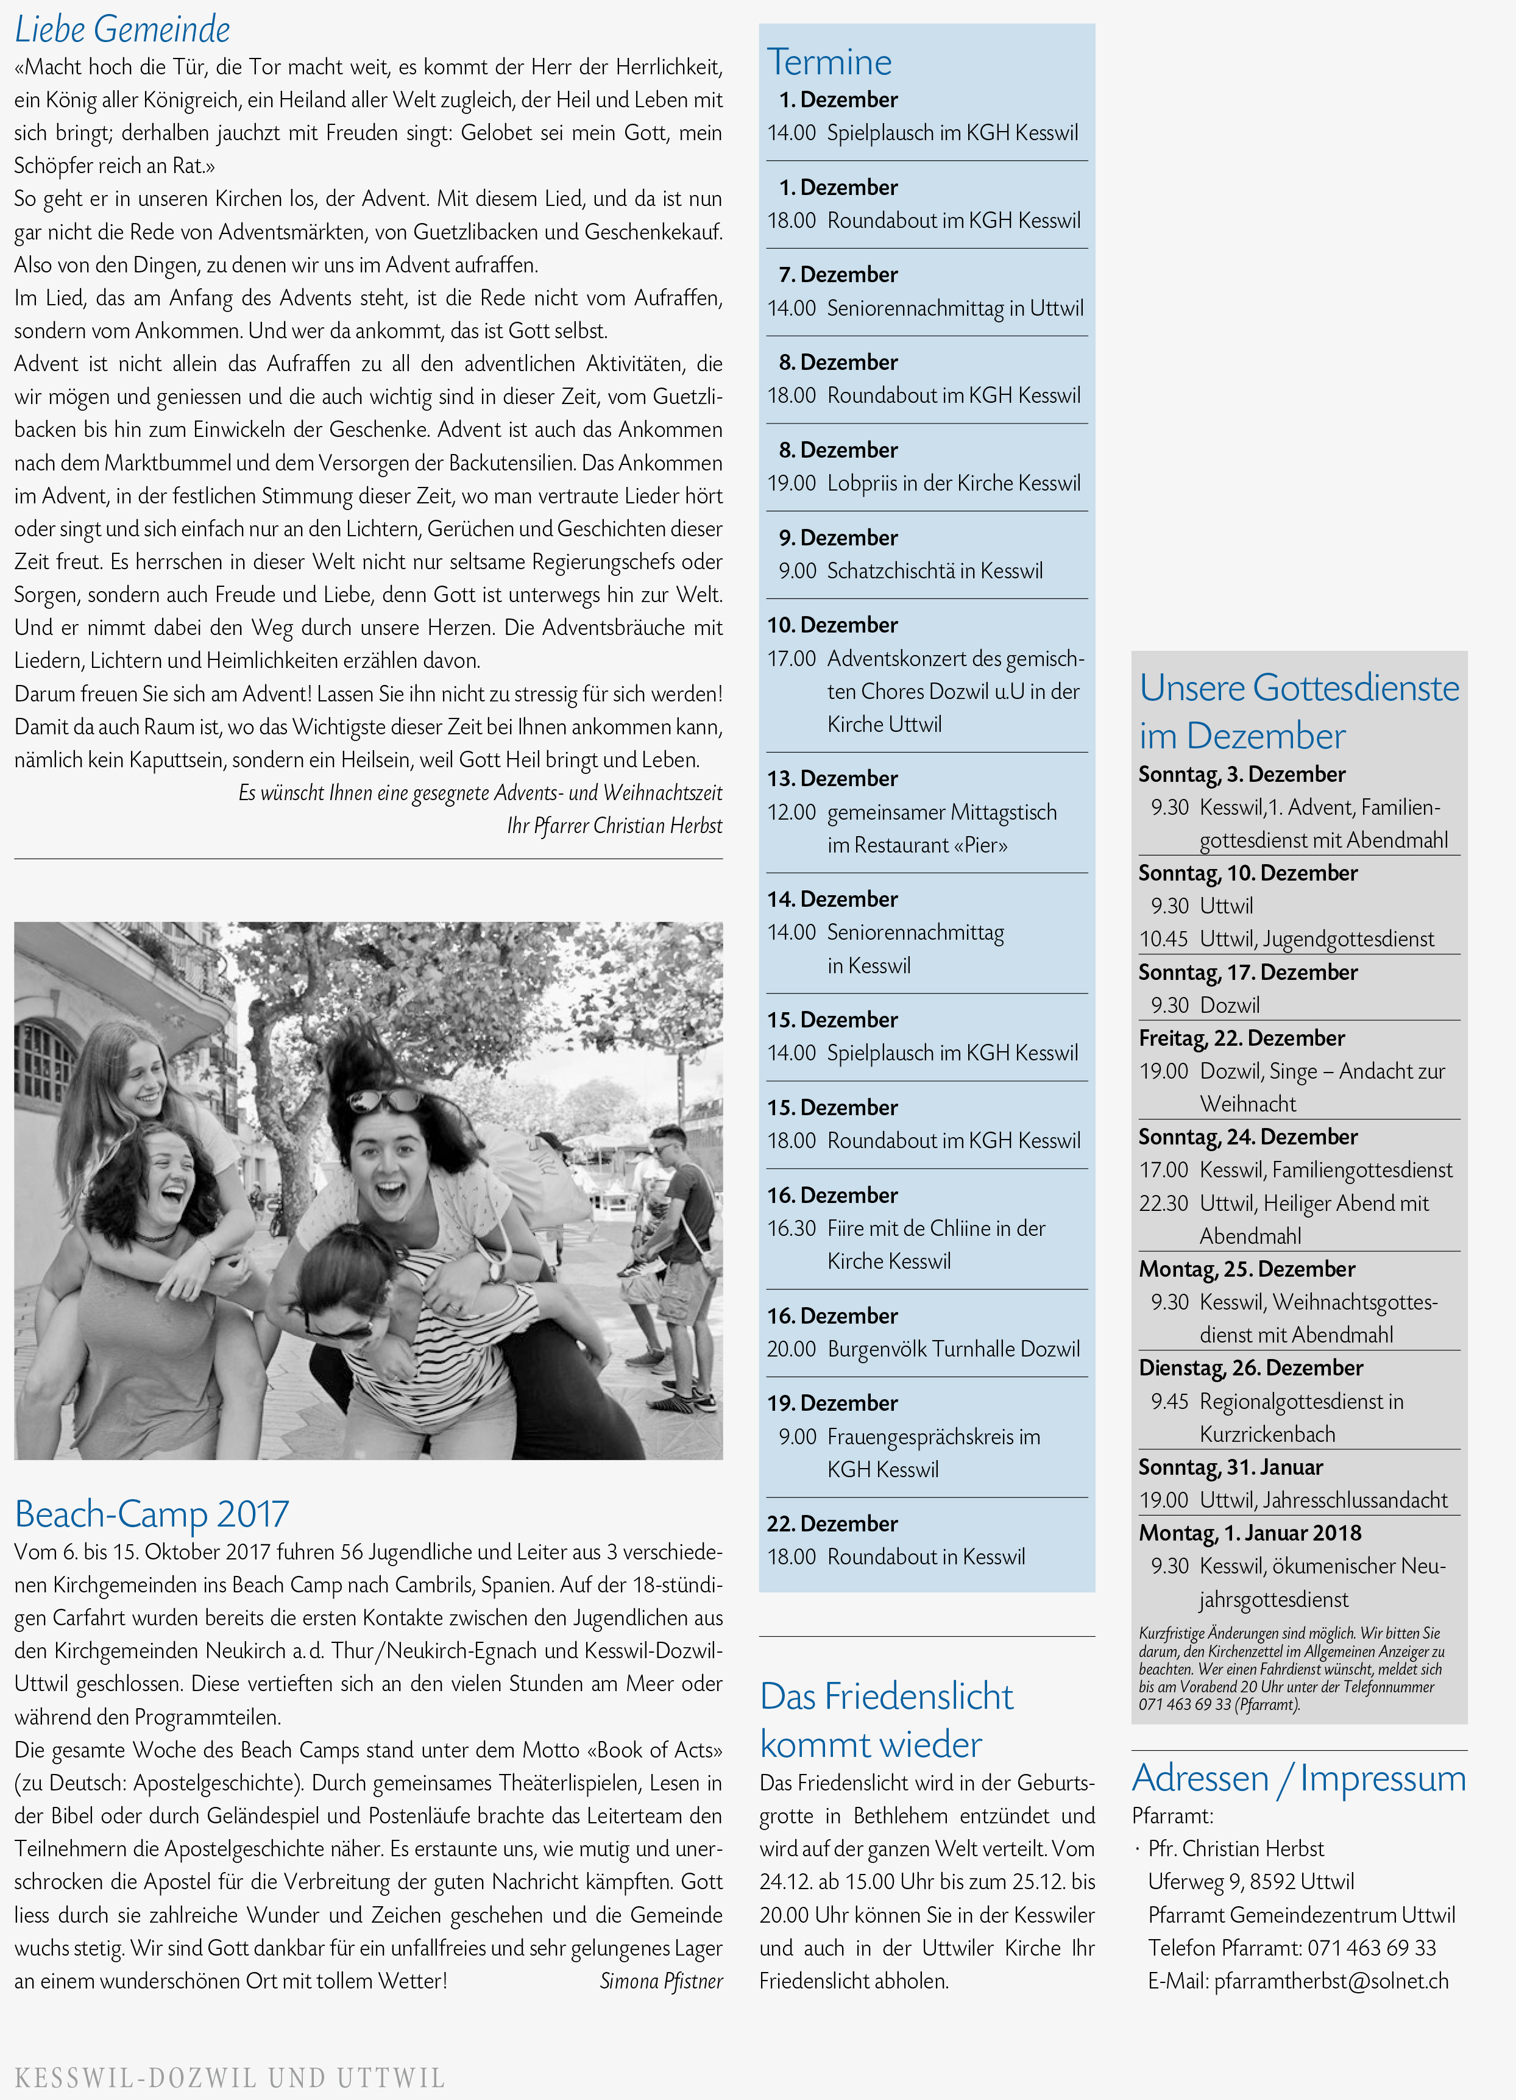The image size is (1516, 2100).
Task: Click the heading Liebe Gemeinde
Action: [122, 30]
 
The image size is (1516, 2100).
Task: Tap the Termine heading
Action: [829, 62]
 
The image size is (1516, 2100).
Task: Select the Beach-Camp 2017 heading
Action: [152, 1514]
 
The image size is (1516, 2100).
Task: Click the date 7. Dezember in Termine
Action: [838, 275]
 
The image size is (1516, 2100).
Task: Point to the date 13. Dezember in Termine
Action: [832, 779]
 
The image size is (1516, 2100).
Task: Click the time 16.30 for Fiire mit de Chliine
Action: [791, 1229]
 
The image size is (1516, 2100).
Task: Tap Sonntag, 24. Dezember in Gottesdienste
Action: [1247, 1137]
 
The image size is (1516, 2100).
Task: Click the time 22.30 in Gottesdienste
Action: [1163, 1204]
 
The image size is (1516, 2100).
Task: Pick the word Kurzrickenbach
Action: [1267, 1435]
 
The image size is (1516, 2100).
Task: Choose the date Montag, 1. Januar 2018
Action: [1249, 1533]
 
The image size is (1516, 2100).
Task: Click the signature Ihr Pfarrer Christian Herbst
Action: [614, 826]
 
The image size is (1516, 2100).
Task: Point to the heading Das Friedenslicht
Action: [886, 1697]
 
